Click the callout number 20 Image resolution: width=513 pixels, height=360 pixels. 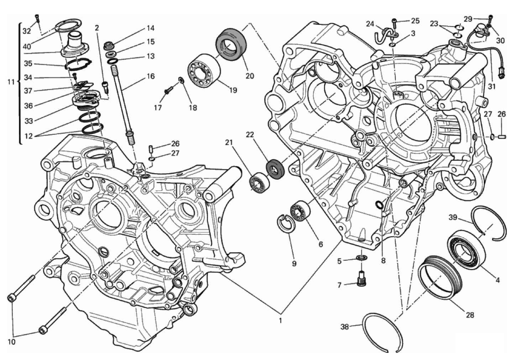250,76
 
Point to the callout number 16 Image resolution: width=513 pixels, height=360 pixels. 151,76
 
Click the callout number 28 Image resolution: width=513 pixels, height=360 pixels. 470,315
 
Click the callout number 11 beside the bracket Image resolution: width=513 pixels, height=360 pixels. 11,82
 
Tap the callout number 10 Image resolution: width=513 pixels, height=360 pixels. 11,342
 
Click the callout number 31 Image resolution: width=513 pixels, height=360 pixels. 492,86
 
